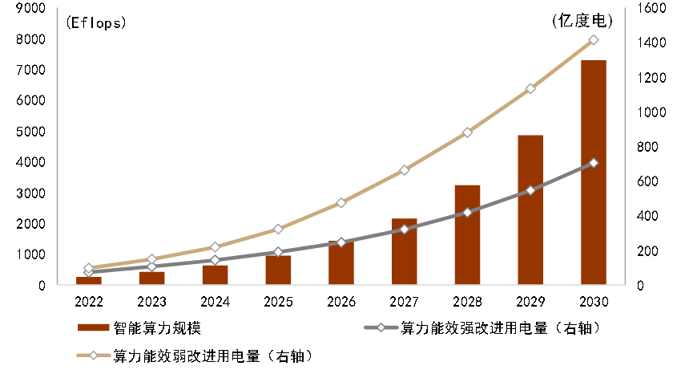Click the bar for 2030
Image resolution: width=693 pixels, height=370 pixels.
[x=593, y=173]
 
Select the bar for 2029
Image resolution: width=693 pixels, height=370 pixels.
[x=530, y=210]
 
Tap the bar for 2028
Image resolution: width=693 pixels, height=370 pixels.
[x=467, y=235]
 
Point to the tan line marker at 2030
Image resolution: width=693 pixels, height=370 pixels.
[x=594, y=39]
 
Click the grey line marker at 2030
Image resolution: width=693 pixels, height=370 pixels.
[x=594, y=163]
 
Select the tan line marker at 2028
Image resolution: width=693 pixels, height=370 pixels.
[x=467, y=132]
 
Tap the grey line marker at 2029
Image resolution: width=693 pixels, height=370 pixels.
[x=530, y=190]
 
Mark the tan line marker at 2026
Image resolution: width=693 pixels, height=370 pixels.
[x=341, y=203]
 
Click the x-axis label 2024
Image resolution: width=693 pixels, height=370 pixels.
[x=215, y=302]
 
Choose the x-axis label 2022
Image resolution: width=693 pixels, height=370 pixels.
[x=89, y=302]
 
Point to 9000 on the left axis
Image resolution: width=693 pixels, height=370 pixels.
[x=30, y=8]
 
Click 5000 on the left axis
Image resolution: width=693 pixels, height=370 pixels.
[x=30, y=132]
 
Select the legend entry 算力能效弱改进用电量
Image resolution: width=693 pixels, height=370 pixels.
[x=212, y=354]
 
